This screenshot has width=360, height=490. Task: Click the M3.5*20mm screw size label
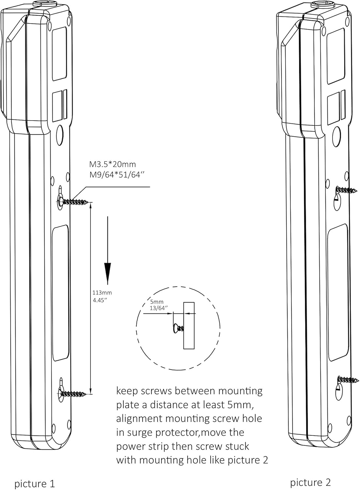[x=112, y=164]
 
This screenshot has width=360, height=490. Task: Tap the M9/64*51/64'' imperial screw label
[x=117, y=175]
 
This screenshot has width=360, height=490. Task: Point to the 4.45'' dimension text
[x=100, y=300]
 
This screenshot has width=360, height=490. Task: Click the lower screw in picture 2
[x=348, y=380]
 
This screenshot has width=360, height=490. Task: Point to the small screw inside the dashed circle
[x=178, y=328]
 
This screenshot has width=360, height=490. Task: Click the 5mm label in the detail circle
[x=157, y=302]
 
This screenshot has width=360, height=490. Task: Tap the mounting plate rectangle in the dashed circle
[x=189, y=326]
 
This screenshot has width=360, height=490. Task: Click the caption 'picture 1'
[x=34, y=483]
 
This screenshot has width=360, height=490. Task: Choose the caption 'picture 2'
[x=310, y=482]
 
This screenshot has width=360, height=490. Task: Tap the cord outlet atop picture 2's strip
[x=319, y=5]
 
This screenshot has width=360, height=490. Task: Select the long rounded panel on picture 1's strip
[x=60, y=292]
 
